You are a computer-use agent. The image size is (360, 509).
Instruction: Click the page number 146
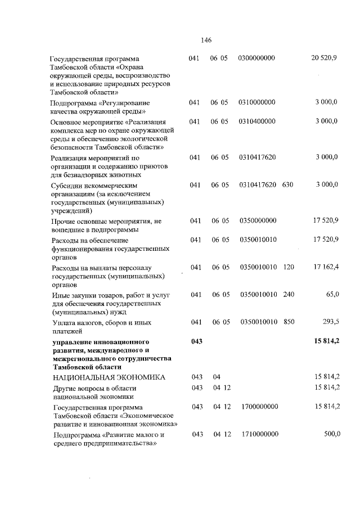coord(205,40)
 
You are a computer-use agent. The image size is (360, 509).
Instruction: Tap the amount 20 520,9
coord(324,58)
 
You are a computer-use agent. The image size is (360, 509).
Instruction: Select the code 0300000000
coord(256,58)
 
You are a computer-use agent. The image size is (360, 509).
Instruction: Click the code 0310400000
coord(256,121)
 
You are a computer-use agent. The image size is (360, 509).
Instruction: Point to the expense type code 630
coord(288,184)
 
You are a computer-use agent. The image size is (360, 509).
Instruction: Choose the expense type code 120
coord(289,267)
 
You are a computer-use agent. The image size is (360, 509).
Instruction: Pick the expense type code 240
coord(289,294)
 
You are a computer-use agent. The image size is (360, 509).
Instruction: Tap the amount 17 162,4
coord(326,267)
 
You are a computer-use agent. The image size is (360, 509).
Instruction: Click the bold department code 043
coord(196,341)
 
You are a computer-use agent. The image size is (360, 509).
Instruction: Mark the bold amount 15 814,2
coord(326,341)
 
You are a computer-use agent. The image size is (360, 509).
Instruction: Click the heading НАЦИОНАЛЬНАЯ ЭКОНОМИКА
coord(109,377)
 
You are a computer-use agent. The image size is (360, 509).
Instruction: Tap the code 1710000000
coord(259,434)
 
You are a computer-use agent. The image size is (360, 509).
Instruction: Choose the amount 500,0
coord(329,434)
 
